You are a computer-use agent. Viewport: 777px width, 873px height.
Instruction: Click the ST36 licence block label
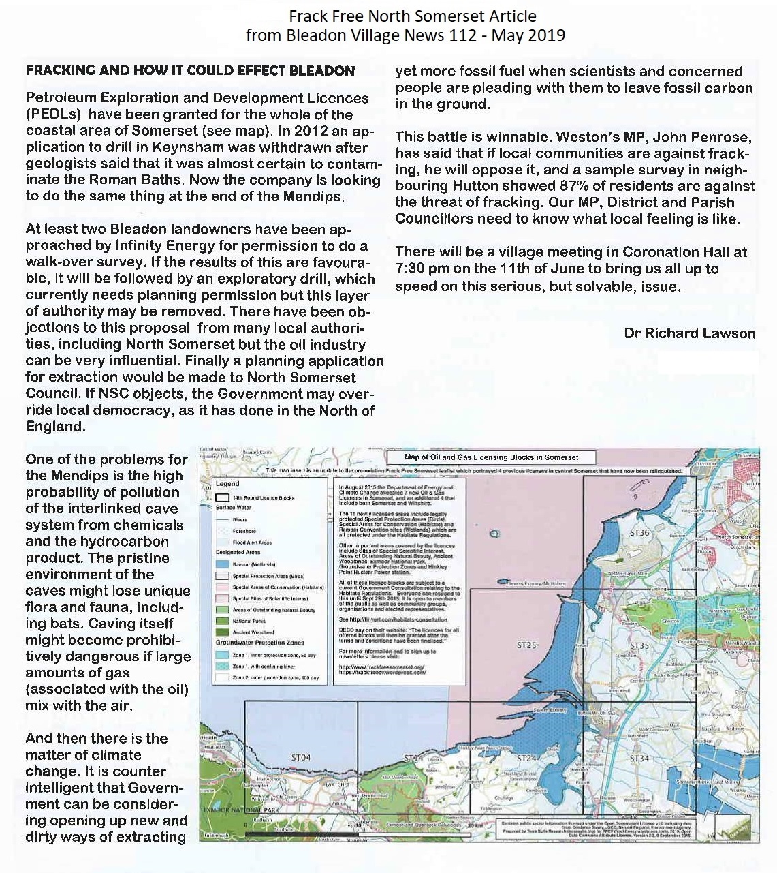639,533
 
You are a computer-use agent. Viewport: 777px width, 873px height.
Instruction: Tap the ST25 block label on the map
526,645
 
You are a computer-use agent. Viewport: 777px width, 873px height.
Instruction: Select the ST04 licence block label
301,757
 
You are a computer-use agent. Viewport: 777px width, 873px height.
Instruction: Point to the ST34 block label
639,758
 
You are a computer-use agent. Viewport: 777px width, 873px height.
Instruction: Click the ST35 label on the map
639,645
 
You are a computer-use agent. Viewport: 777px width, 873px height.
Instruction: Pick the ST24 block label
526,758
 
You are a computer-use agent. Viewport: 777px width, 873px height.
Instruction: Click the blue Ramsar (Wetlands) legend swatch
222,564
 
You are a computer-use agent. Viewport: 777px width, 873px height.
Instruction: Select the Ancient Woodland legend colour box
222,632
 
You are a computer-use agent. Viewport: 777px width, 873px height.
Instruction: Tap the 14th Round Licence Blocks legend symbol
222,497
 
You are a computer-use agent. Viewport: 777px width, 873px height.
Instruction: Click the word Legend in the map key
227,483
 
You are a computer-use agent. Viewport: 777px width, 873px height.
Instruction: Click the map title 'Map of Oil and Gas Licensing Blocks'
491,457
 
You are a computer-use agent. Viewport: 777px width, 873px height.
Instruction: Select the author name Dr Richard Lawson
689,333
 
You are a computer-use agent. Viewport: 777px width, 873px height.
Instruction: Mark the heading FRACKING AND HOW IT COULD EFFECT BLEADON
190,70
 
